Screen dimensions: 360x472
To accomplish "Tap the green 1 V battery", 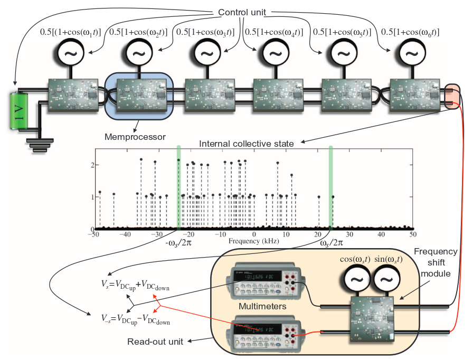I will click(20, 112).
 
